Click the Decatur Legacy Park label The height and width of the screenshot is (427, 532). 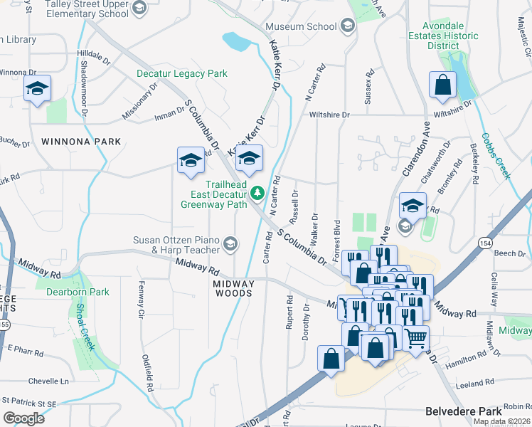[x=182, y=73]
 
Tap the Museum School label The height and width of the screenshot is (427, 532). [x=301, y=27]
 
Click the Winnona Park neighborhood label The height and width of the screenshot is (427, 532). [x=81, y=142]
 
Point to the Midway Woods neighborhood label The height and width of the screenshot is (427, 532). [x=233, y=288]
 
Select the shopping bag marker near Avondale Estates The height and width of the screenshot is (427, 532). [x=442, y=85]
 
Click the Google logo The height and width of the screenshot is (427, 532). [x=23, y=418]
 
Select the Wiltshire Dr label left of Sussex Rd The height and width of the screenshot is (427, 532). [x=329, y=115]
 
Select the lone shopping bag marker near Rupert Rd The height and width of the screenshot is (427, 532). [x=331, y=359]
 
